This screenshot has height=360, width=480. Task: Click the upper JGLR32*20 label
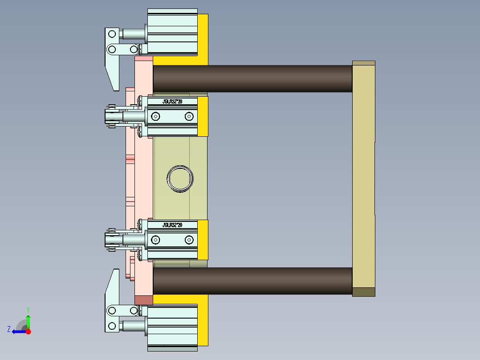coord(172,102)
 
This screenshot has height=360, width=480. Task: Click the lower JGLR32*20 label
coord(172,225)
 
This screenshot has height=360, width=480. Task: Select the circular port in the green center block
coord(180,179)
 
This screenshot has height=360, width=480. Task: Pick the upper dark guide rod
coord(252,79)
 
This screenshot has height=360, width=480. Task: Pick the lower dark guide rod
coord(252,281)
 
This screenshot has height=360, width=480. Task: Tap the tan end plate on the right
coord(363,178)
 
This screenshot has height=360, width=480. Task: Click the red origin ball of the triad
coord(28,331)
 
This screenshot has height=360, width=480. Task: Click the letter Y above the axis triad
coord(28,309)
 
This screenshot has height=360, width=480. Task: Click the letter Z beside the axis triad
coord(9,329)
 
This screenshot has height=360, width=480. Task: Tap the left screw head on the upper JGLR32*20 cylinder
coord(155,117)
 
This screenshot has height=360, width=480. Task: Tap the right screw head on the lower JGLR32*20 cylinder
coord(189,240)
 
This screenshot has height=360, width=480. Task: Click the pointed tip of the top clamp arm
coord(116,88)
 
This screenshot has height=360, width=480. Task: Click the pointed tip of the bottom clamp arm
coord(116,271)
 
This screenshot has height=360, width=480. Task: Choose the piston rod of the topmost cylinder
coord(133,34)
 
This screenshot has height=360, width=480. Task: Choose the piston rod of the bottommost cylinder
coord(133,326)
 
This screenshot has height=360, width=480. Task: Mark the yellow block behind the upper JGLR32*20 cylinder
coord(203,116)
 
